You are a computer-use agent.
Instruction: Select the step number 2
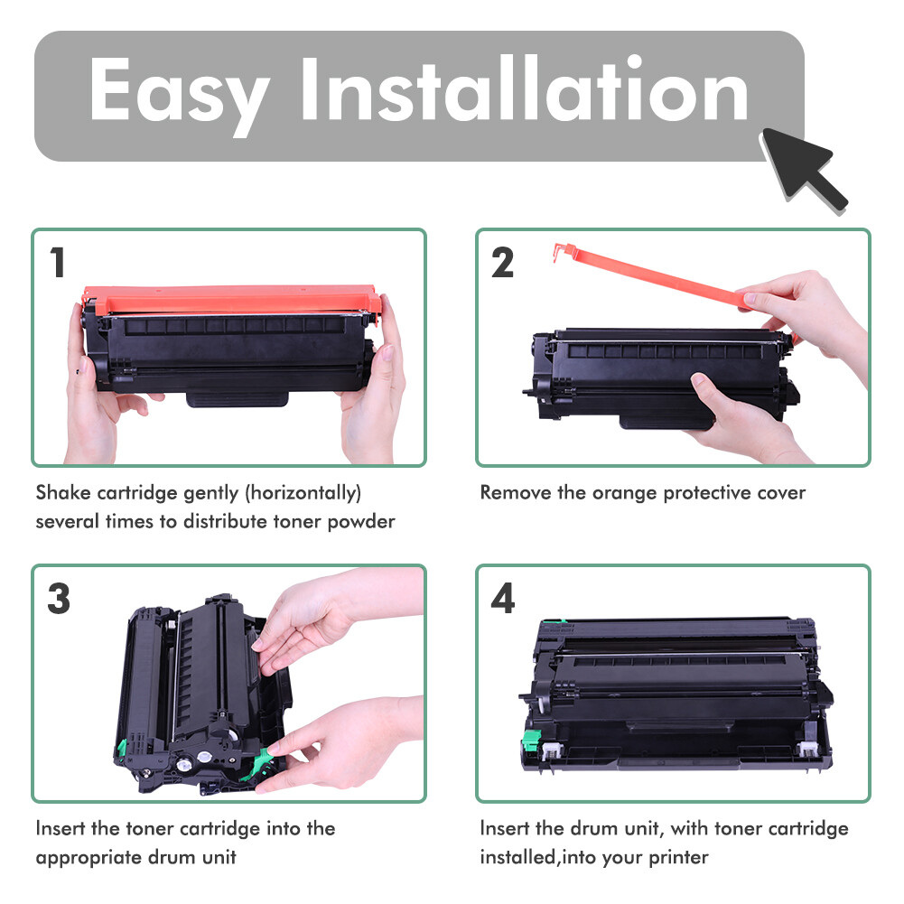click(x=503, y=263)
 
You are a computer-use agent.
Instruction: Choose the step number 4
click(x=503, y=600)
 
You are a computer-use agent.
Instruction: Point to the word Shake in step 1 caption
click(x=61, y=493)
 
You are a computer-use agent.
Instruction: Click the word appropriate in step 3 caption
click(x=88, y=857)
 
